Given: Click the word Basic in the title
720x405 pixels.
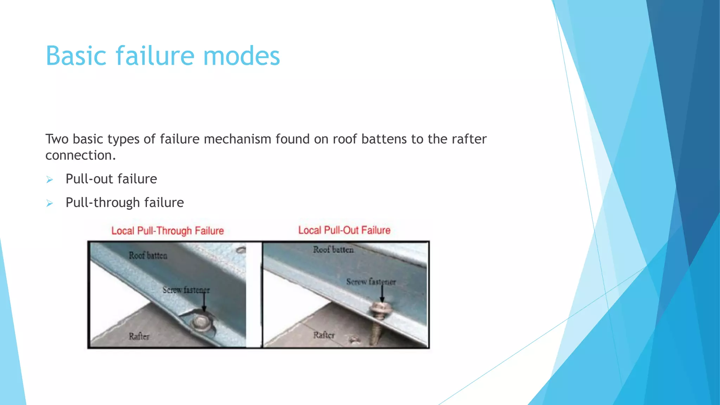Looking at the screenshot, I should [76, 56].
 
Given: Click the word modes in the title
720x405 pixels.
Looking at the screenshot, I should [242, 56].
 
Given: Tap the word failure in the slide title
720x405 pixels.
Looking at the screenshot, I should [155, 56].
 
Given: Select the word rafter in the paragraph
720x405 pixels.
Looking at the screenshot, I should [469, 139].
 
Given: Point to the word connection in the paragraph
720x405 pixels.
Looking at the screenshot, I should [80, 155].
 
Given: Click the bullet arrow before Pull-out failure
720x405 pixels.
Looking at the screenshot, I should [50, 180].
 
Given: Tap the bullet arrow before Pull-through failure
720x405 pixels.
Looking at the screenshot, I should [50, 203].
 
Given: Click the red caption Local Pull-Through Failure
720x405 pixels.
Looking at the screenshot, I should [167, 231].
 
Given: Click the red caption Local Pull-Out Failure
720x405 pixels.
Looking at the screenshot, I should [344, 230].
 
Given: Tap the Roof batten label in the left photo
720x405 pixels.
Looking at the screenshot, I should [148, 255].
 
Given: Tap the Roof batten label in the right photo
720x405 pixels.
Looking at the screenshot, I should [333, 250].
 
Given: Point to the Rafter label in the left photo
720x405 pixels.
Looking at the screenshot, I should [139, 336].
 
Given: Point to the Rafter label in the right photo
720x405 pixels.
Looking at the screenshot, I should [324, 335].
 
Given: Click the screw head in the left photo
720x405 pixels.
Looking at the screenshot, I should [201, 322].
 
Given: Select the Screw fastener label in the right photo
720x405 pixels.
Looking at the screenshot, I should [371, 282].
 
